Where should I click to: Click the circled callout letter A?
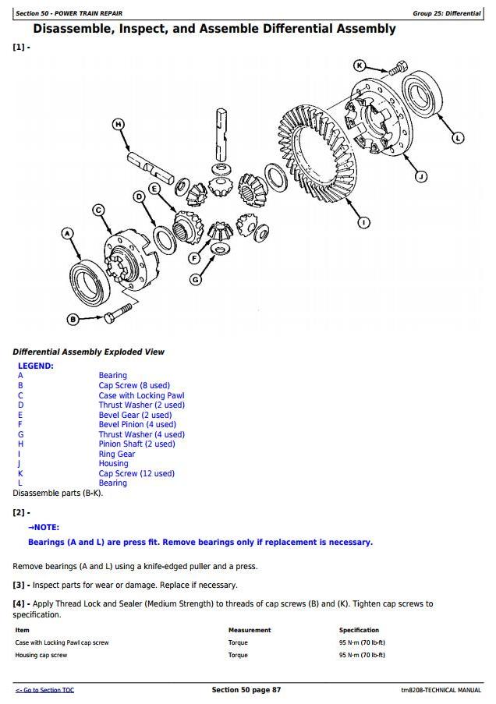[x=67, y=233]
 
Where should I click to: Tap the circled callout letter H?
[x=119, y=124]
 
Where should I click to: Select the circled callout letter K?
[x=360, y=65]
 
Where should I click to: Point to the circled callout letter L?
[x=458, y=138]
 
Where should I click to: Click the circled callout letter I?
[x=363, y=223]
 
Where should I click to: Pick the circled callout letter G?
[x=196, y=279]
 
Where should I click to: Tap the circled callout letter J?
[x=420, y=176]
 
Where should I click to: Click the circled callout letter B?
[x=73, y=318]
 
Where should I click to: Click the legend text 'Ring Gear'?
[x=117, y=454]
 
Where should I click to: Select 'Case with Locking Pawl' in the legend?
[x=141, y=395]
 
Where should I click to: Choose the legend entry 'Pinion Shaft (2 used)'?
[x=136, y=444]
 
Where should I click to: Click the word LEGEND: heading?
[x=36, y=366]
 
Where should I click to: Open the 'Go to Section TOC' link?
[x=44, y=691]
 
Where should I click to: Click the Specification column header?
[x=359, y=630]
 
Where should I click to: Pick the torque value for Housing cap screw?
[x=362, y=656]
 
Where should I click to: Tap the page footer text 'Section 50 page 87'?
[x=246, y=690]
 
